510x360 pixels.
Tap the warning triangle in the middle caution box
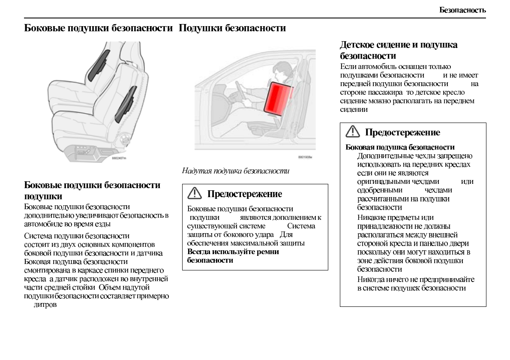click(x=195, y=193)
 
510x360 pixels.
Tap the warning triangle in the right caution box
click(x=353, y=132)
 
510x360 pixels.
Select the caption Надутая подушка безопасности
click(x=236, y=171)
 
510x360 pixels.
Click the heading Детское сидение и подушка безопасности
click(x=399, y=50)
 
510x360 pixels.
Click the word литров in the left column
click(x=45, y=305)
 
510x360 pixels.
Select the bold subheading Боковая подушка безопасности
click(x=400, y=147)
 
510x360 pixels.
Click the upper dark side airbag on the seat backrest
click(x=99, y=64)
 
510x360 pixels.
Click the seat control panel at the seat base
click(x=85, y=152)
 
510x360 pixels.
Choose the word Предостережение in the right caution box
click(x=402, y=132)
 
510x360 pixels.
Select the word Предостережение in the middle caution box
click(x=244, y=194)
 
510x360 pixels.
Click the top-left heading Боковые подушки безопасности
click(x=98, y=28)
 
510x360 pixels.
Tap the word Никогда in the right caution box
click(x=371, y=279)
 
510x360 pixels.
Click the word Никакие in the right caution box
click(x=371, y=218)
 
